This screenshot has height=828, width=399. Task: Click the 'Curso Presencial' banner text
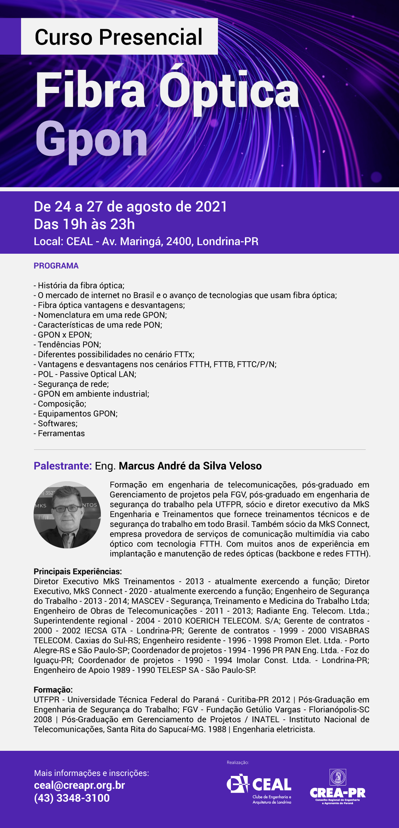[x=119, y=37]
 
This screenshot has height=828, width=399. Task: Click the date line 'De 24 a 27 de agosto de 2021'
[x=130, y=207]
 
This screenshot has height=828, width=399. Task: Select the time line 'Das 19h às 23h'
[x=84, y=224]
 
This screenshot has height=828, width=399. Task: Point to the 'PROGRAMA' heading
[x=56, y=266]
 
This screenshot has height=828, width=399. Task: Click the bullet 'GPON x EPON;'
[x=63, y=335]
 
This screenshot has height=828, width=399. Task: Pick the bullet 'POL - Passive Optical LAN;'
[x=85, y=374]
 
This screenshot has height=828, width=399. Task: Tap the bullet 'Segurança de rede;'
[x=71, y=384]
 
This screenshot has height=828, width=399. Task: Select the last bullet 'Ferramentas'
[x=59, y=434]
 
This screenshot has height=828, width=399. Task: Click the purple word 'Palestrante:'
[x=63, y=466]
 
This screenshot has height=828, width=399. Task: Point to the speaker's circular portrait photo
[x=67, y=515]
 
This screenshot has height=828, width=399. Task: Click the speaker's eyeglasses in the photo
[x=67, y=509]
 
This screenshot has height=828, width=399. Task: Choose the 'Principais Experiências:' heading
[x=78, y=572]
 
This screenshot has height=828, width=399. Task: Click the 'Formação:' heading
[x=53, y=690]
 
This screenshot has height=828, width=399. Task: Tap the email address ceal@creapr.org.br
[x=79, y=785]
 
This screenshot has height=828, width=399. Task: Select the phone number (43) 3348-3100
[x=72, y=798]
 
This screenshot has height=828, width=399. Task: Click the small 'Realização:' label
[x=238, y=763]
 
